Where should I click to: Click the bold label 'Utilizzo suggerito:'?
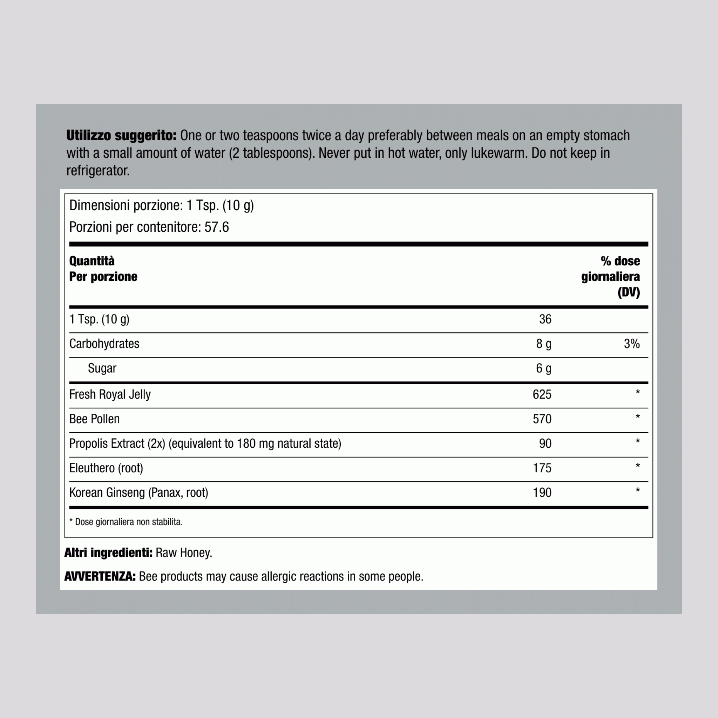[x=121, y=136]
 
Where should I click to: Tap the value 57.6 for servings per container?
[x=217, y=227]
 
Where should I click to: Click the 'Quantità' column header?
[x=92, y=261]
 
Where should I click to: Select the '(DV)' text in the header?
[x=629, y=292]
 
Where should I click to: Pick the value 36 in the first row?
[x=545, y=319]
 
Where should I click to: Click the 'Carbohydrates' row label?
[x=104, y=344]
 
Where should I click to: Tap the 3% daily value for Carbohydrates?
[x=631, y=344]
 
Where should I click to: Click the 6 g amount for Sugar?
[x=543, y=368]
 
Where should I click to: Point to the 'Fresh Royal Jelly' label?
[x=110, y=394]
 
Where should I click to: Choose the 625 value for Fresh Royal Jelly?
[x=542, y=394]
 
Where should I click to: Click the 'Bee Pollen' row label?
[x=94, y=419]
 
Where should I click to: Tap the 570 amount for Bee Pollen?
[x=542, y=419]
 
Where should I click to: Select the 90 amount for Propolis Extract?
[x=545, y=443]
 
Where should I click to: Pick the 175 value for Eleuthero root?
[x=542, y=468]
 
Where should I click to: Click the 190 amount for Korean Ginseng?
[x=542, y=493]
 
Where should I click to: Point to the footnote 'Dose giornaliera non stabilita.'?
[x=129, y=522]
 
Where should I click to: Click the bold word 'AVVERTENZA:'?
[x=100, y=576]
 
